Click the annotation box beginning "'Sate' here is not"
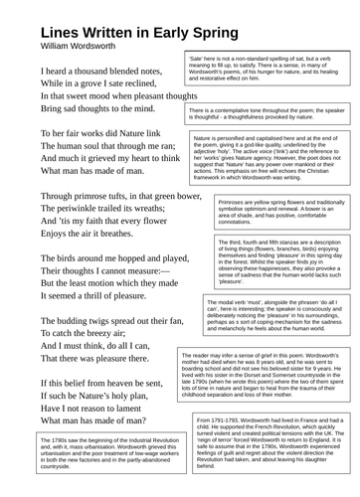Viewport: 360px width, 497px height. click(267, 74)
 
